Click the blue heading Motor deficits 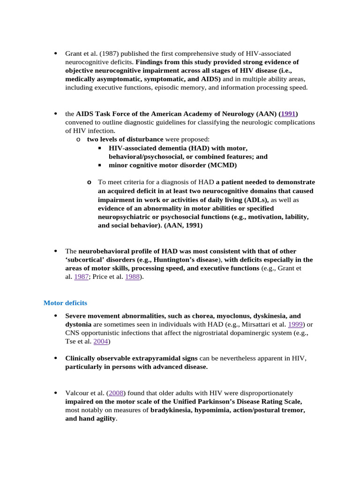pos(65,303)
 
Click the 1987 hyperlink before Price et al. pos(82,277)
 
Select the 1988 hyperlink pos(133,277)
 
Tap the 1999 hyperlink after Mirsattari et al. pos(295,324)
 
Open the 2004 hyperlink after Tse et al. pos(101,342)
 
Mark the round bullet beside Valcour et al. pos(55,393)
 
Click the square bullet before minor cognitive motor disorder pos(100,165)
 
